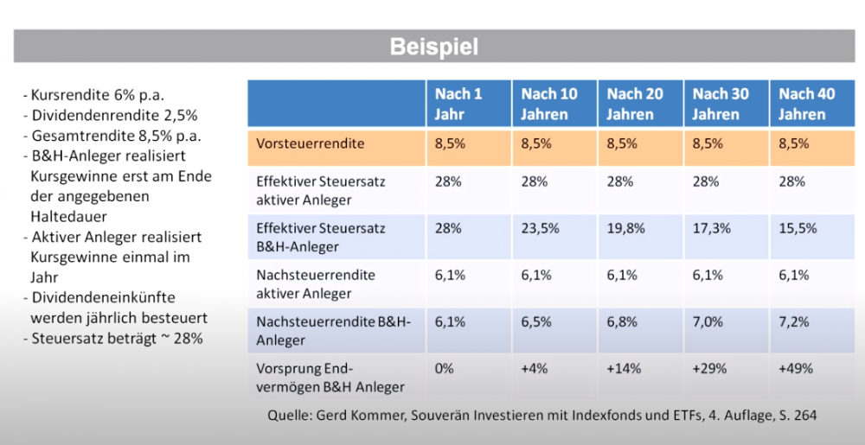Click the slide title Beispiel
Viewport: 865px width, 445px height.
tap(432, 46)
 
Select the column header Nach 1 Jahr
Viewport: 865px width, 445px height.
tap(458, 104)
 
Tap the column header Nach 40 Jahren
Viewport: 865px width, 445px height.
tap(806, 104)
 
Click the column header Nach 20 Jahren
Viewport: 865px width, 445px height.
tap(635, 104)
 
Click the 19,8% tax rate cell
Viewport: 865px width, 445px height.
tap(625, 228)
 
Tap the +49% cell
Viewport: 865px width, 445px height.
tap(796, 368)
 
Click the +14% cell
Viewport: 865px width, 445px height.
tap(623, 368)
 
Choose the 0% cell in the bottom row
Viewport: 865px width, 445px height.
tap(445, 368)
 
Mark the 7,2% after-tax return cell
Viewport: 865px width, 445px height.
tap(793, 321)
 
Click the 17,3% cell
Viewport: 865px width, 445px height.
tap(711, 228)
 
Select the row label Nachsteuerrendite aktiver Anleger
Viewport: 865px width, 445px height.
tap(316, 283)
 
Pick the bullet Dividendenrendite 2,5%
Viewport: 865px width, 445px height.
tap(113, 115)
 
